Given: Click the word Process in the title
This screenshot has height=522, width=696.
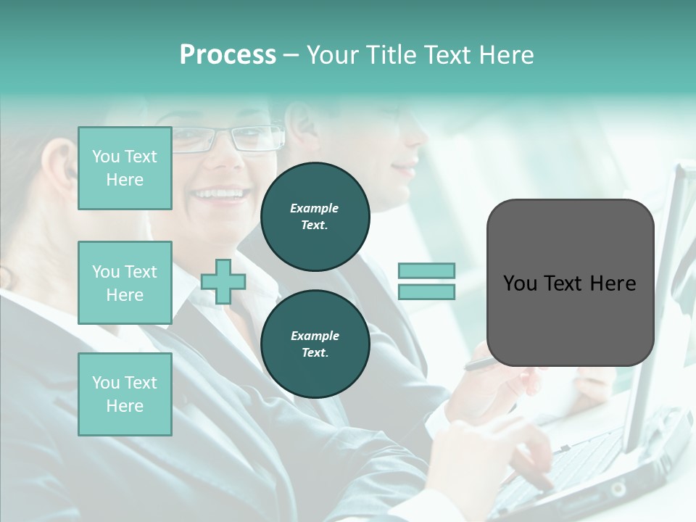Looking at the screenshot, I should pyautogui.click(x=228, y=55).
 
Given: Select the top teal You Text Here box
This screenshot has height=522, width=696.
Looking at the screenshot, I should pyautogui.click(x=125, y=168).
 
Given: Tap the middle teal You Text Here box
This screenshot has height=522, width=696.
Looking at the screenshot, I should pyautogui.click(x=125, y=283).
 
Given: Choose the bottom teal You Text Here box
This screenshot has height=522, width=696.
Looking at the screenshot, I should pyautogui.click(x=125, y=394).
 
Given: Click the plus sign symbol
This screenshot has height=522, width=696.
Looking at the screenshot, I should pyautogui.click(x=223, y=282).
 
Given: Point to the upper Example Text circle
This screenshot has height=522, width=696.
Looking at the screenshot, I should pyautogui.click(x=315, y=217).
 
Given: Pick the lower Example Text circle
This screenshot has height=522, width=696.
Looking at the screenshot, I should pyautogui.click(x=315, y=344).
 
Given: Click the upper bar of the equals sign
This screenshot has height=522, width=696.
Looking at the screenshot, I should pyautogui.click(x=426, y=271).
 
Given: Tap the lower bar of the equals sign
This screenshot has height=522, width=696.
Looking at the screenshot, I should pyautogui.click(x=426, y=292).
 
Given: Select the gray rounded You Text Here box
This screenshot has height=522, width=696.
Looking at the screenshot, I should pyautogui.click(x=570, y=283).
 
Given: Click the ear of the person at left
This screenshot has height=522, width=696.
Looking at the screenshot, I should pyautogui.click(x=65, y=170).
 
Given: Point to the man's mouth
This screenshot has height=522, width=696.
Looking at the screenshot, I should pyautogui.click(x=403, y=168).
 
